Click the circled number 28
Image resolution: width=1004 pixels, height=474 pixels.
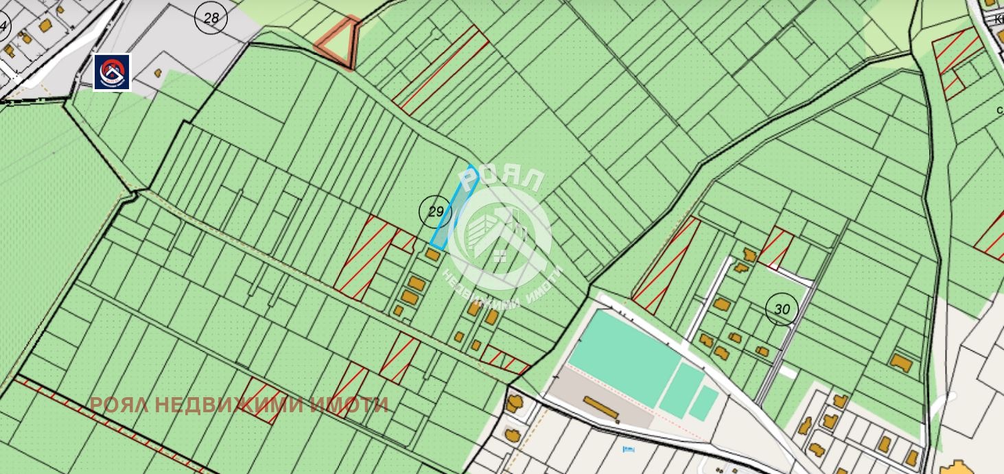(211, 18)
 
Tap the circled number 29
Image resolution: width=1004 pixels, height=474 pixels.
(435, 211)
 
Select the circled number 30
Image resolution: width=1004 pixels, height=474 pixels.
(782, 309)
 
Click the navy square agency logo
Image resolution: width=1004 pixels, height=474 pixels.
(112, 72)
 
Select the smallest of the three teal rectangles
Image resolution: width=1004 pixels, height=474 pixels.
(703, 403)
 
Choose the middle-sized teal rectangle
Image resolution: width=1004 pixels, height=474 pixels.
(681, 389)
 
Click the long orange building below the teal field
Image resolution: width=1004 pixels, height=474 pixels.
(602, 408)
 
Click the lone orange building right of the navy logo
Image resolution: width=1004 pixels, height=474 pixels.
(158, 72)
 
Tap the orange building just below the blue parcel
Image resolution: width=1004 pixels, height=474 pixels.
(432, 254)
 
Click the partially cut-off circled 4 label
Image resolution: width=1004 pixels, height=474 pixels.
(4, 27)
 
